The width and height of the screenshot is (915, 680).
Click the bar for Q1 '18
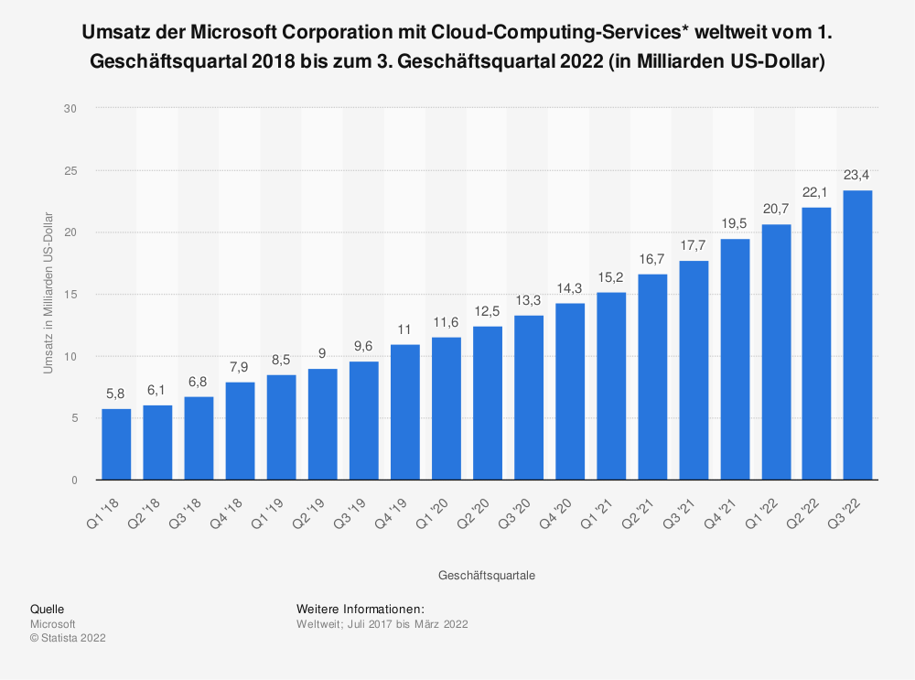point(116,445)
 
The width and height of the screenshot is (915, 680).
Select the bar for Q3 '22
point(857,335)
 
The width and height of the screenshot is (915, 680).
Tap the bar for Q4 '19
point(404,412)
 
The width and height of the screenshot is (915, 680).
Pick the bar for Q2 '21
point(652,377)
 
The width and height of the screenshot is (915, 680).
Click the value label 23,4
point(857,176)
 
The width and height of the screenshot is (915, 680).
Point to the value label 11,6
point(446,322)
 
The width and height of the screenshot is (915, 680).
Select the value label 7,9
point(240,367)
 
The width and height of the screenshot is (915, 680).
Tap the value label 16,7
point(652,259)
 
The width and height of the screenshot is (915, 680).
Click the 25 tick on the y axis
point(70,170)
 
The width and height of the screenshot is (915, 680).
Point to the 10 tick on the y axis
point(70,356)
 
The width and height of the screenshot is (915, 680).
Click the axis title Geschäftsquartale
point(487,576)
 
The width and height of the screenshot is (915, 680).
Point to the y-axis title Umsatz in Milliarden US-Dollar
point(48,293)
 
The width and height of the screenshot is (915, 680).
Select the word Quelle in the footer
point(47,609)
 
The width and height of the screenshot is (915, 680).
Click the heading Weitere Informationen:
point(360,609)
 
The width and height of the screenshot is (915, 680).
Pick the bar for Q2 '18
point(157,443)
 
